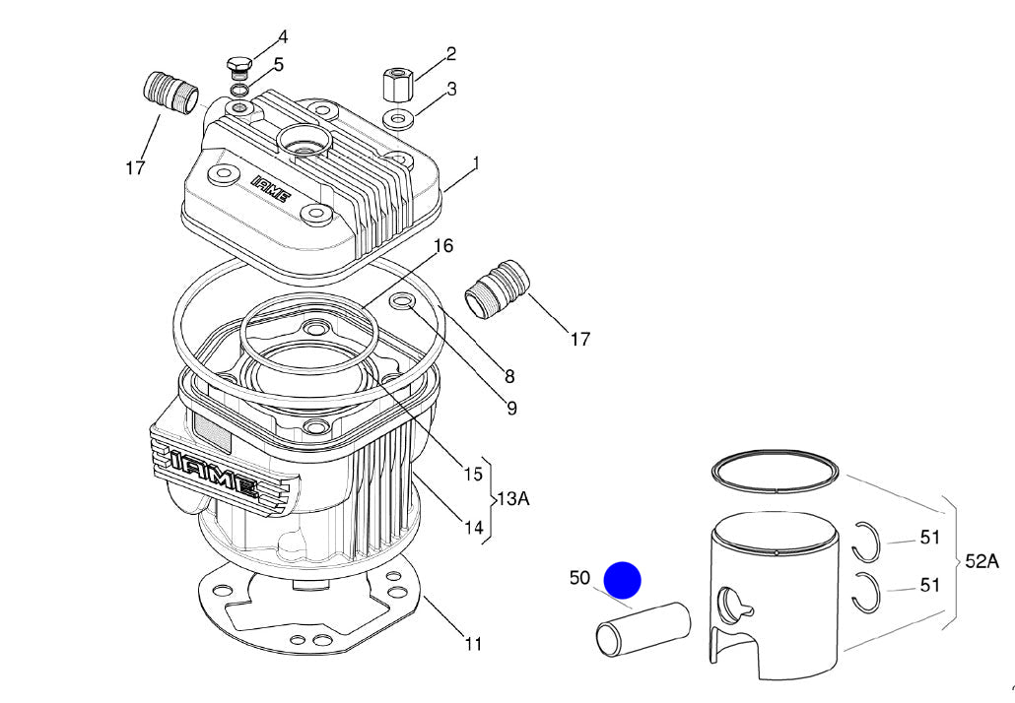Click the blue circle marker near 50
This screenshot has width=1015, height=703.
(x=622, y=581)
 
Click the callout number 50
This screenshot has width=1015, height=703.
(x=579, y=578)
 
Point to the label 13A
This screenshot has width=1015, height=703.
(x=512, y=499)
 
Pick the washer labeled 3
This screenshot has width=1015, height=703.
(x=399, y=120)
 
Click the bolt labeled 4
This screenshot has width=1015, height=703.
(x=238, y=67)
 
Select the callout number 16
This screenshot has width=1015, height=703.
(x=443, y=245)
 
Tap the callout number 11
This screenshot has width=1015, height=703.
(x=473, y=644)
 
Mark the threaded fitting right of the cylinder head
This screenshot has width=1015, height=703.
(x=498, y=288)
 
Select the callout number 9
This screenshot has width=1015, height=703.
(x=510, y=408)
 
